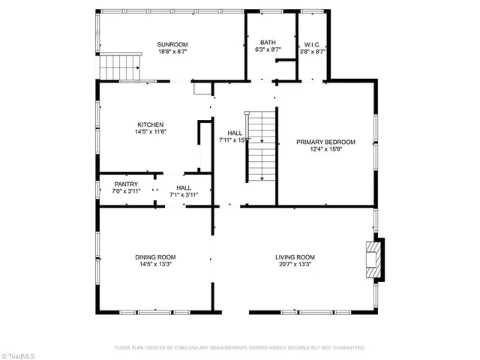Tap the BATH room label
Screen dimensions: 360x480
268,43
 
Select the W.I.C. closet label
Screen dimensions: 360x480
312,43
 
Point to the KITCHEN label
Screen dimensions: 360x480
150,124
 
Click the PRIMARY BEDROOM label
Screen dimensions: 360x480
325,142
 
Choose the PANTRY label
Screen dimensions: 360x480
126,184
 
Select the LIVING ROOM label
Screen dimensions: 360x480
295,257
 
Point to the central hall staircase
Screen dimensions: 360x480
261,146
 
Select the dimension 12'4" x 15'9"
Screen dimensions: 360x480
325,150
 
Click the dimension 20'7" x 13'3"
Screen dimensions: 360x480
295,265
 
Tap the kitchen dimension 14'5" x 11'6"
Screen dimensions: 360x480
150,133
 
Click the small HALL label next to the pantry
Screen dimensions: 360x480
184,187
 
